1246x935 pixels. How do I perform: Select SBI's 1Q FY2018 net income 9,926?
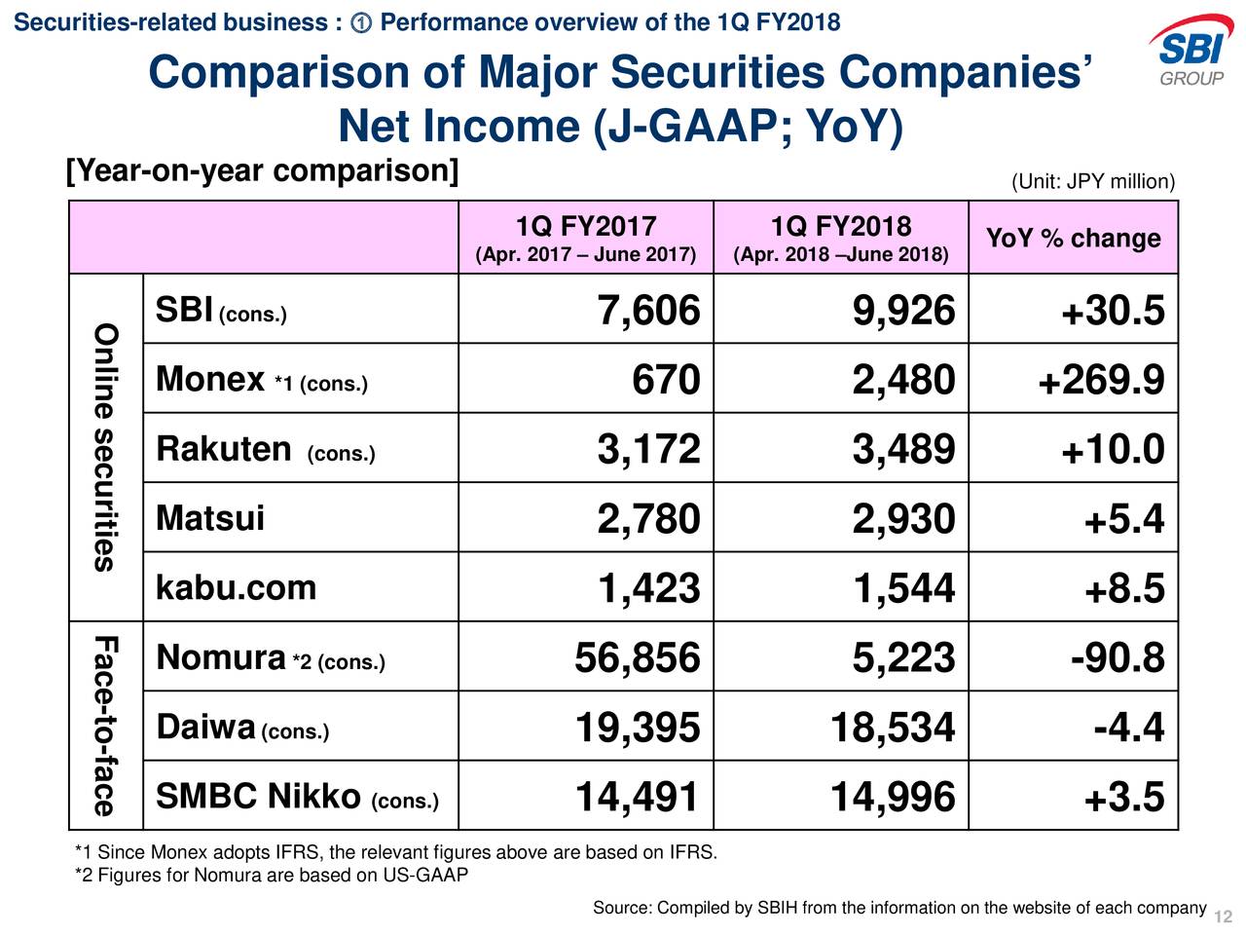tap(903, 311)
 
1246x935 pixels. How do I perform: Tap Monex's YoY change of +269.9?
tap(1101, 380)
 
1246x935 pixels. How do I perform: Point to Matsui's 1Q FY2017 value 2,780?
tap(648, 519)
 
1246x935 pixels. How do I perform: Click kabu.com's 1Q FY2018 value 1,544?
tap(903, 588)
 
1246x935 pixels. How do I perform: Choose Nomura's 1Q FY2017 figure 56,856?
tap(637, 658)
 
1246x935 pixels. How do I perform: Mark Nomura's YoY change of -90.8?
tap(1118, 658)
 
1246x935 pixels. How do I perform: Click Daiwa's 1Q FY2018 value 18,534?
tap(893, 728)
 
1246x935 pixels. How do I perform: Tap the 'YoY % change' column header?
tap(1073, 239)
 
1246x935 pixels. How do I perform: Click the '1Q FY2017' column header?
tap(586, 228)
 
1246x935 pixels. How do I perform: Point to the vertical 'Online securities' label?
tap(105, 447)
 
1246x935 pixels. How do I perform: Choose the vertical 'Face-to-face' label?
tap(105, 726)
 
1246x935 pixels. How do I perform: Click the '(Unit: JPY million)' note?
tap(1093, 183)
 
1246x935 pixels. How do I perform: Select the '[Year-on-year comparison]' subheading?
tap(262, 171)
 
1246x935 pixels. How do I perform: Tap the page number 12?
tap(1224, 917)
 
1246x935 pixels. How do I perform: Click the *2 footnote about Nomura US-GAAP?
tap(272, 876)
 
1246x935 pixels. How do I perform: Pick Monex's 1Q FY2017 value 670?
tap(666, 380)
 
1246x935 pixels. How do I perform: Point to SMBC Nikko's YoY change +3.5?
tap(1124, 798)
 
